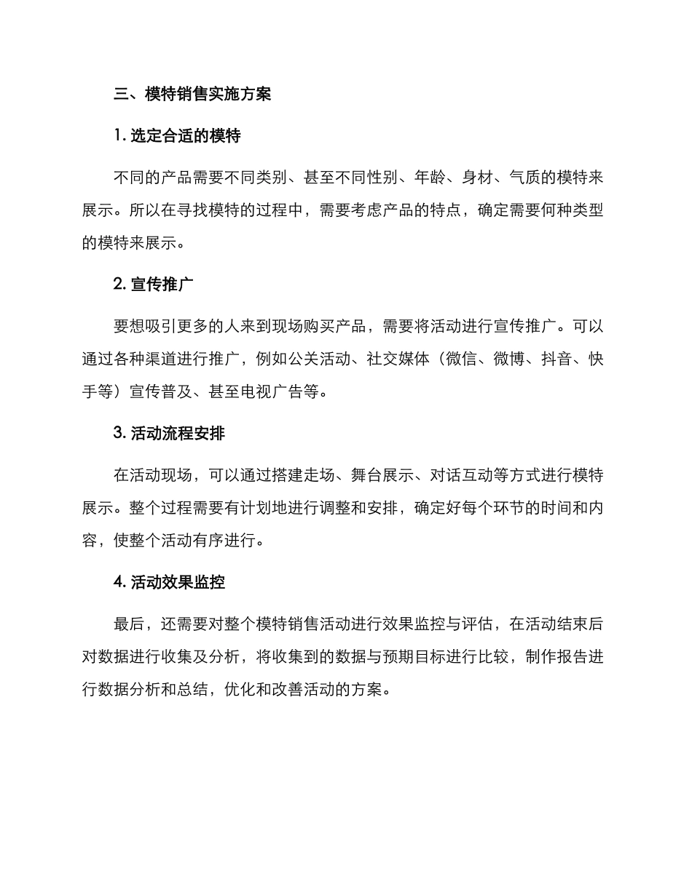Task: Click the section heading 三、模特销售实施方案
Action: (x=193, y=94)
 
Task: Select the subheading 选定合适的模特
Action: (x=186, y=135)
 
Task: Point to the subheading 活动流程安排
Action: (x=178, y=434)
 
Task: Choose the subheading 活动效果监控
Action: (x=178, y=583)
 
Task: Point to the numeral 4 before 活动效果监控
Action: (x=119, y=583)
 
